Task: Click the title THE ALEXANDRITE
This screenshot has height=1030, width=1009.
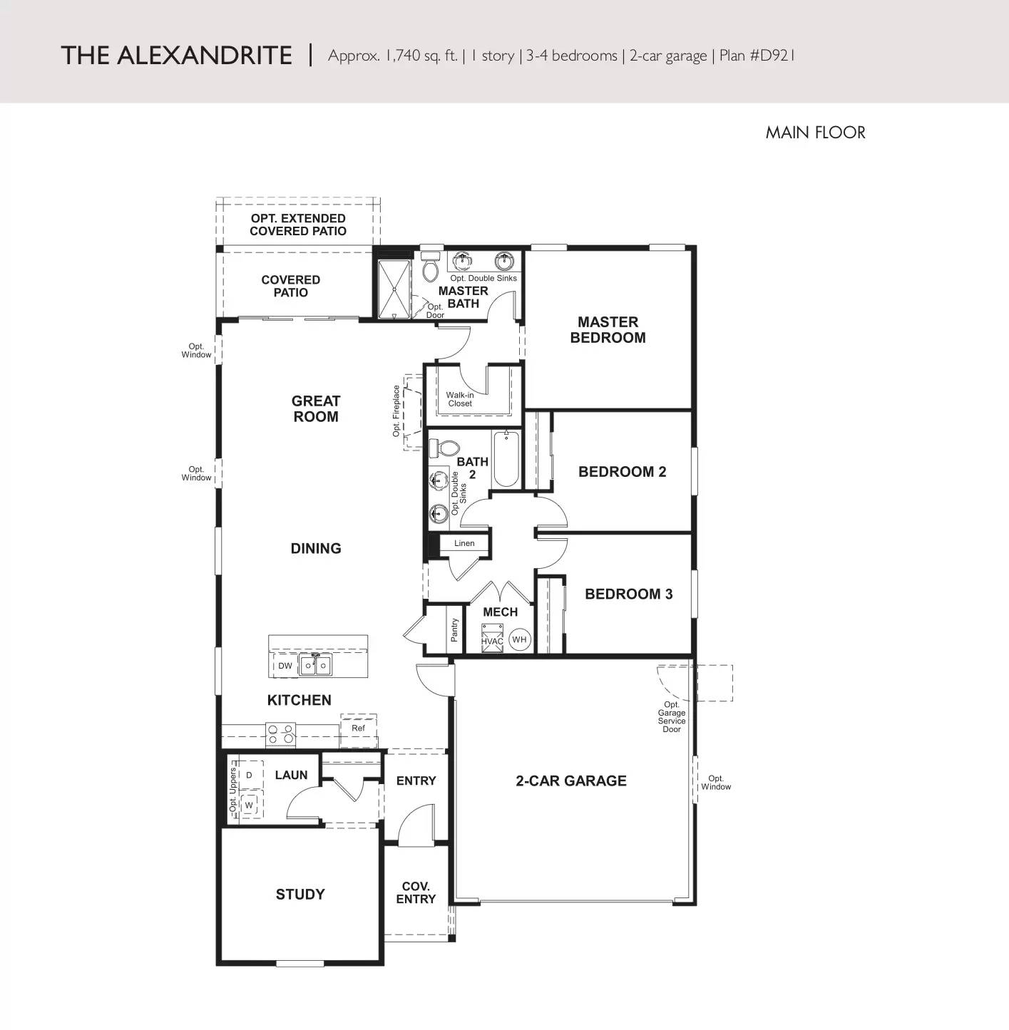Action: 176,56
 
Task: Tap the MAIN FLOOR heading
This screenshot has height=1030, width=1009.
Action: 815,133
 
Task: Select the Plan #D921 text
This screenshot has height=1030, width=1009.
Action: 757,56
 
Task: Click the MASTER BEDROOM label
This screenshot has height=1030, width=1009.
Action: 608,330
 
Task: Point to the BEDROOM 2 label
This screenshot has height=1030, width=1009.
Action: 622,472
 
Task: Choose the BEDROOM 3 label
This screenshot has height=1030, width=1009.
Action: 628,594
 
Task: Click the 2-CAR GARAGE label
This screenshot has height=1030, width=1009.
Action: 571,781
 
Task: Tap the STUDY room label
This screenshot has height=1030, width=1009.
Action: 300,895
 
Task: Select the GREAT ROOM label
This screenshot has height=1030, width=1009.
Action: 316,409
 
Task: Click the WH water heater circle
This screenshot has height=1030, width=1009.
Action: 519,639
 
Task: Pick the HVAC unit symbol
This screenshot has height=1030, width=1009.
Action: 492,636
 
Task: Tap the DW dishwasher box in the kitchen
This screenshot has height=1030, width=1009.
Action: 285,666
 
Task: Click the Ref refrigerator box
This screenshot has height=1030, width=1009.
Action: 358,728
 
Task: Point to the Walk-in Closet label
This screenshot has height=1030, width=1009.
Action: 460,399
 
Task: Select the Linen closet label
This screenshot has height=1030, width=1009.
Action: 464,543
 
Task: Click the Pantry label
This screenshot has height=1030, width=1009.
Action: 454,629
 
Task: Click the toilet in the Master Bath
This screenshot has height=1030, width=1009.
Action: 430,268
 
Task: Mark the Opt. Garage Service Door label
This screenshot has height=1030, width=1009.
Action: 672,717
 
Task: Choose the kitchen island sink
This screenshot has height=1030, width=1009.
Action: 314,665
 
